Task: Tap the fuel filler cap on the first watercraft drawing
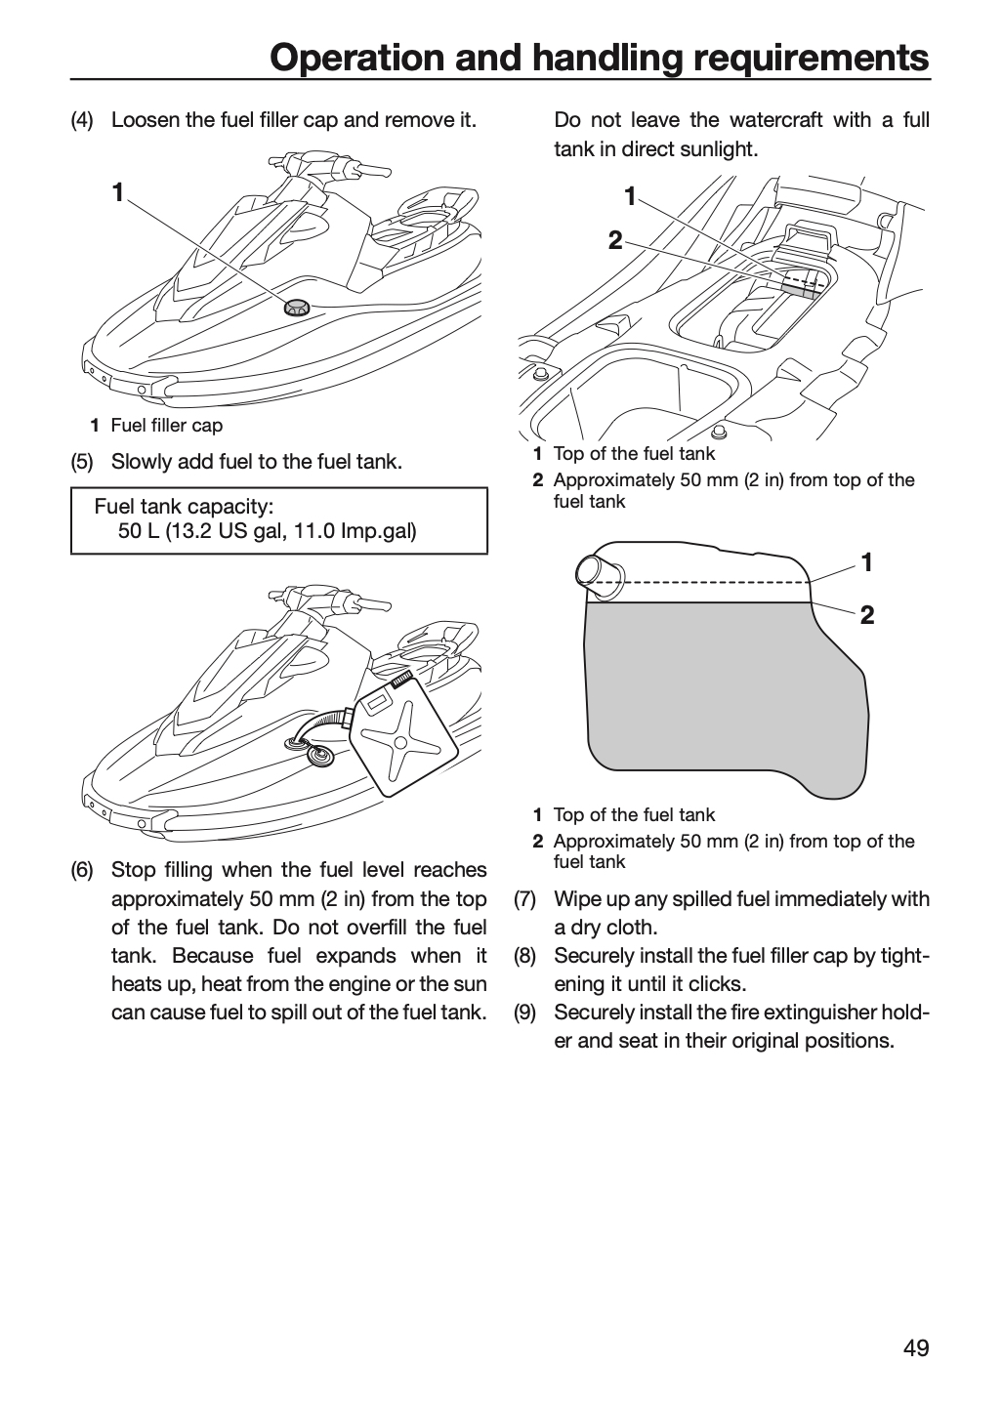296,308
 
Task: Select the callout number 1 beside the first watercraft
117,192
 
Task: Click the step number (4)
82,120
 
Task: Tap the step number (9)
524,1013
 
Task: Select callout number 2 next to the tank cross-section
867,615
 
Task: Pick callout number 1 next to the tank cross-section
867,562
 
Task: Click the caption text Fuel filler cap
167,426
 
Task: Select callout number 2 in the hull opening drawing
615,240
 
